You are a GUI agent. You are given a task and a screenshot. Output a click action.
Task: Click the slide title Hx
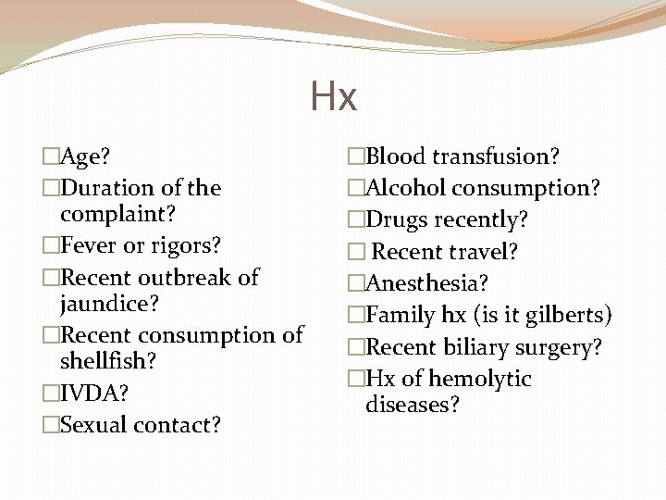click(333, 96)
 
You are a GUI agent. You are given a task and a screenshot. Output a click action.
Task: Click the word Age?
click(86, 157)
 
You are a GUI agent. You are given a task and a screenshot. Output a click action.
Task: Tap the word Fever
click(87, 246)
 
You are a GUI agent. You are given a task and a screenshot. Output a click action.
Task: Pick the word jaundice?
click(105, 304)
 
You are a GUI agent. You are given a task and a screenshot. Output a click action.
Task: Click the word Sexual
click(94, 425)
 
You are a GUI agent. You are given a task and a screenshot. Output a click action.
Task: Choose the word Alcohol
click(405, 188)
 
